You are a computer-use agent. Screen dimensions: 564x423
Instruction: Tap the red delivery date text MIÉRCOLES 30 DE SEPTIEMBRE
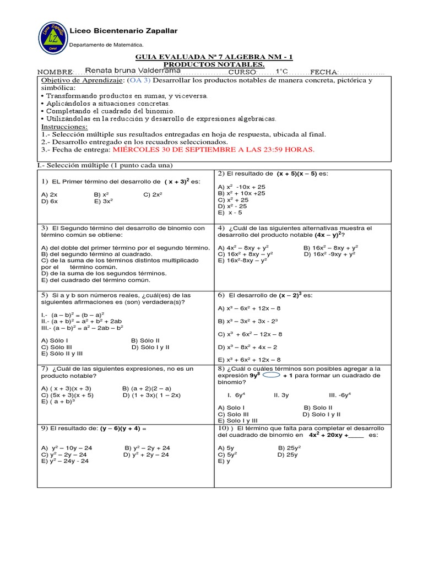pyautogui.click(x=212, y=149)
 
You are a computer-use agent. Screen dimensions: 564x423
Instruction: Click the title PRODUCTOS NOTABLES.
pyautogui.click(x=214, y=64)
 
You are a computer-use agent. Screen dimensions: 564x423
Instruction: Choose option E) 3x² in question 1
pyautogui.click(x=104, y=201)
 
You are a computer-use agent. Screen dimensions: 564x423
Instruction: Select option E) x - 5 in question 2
pyautogui.click(x=230, y=212)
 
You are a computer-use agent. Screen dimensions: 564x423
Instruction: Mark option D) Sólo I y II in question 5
pyautogui.click(x=150, y=347)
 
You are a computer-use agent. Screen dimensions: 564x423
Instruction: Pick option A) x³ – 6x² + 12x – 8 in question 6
pyautogui.click(x=250, y=308)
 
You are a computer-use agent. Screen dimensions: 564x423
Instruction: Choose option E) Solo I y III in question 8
pyautogui.click(x=239, y=420)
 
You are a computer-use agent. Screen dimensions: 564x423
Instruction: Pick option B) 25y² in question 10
pyautogui.click(x=289, y=448)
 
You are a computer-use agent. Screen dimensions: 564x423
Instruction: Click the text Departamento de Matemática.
pyautogui.click(x=106, y=45)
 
